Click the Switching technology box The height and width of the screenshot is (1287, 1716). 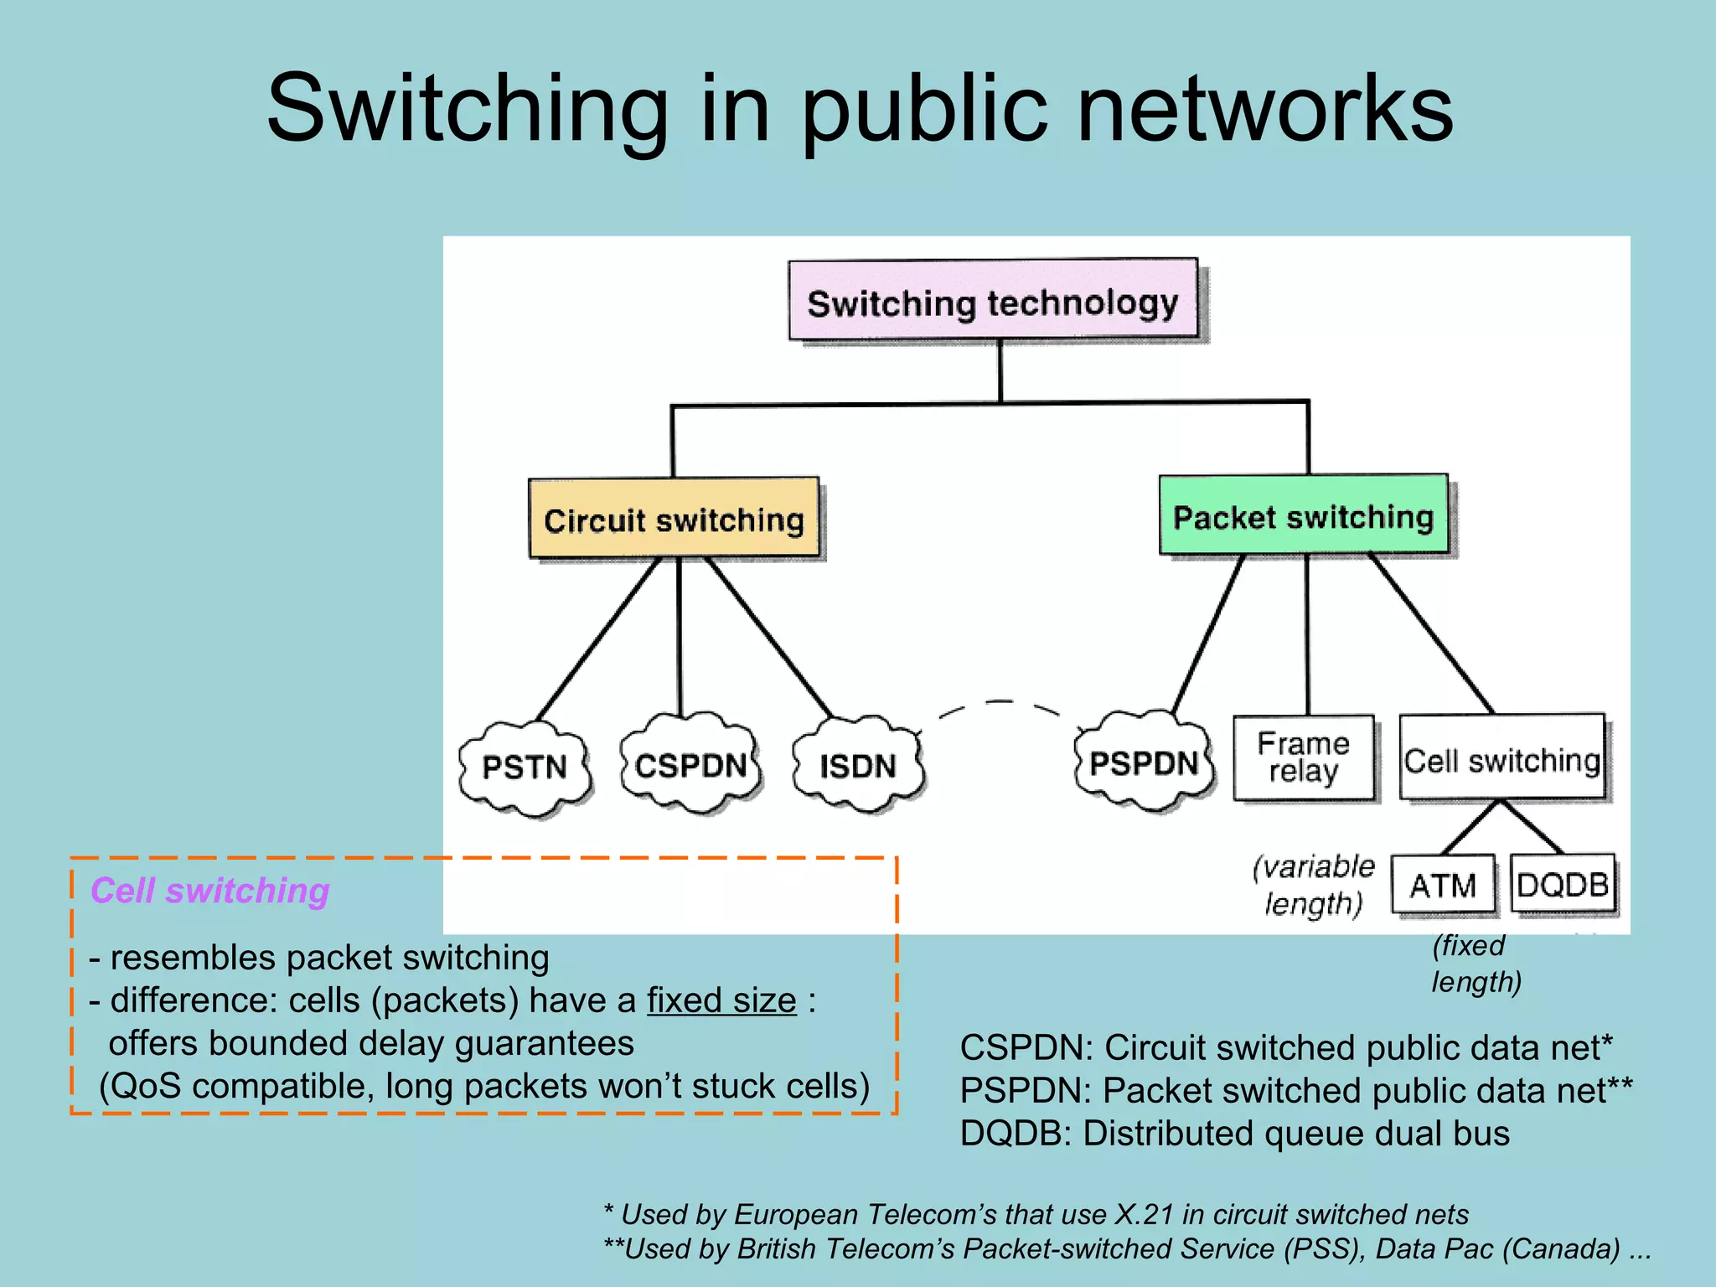point(993,301)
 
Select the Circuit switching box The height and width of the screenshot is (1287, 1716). point(674,519)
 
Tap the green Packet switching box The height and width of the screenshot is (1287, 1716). point(1303,515)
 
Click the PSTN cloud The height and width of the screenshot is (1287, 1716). point(525,767)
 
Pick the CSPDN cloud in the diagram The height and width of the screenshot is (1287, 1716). point(690,765)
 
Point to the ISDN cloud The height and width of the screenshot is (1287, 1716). point(858,765)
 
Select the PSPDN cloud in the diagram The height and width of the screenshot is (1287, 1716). point(1144,762)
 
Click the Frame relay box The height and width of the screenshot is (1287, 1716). point(1303,757)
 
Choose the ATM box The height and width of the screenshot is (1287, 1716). point(1442,885)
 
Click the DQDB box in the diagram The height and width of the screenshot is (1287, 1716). point(1563,884)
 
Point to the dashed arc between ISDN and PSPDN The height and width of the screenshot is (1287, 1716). point(1000,703)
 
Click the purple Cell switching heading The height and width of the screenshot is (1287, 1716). point(209,890)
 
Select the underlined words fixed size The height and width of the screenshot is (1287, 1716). point(721,1000)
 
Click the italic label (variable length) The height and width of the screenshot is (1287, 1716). point(1313,885)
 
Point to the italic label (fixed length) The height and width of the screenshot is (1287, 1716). point(1475,964)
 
